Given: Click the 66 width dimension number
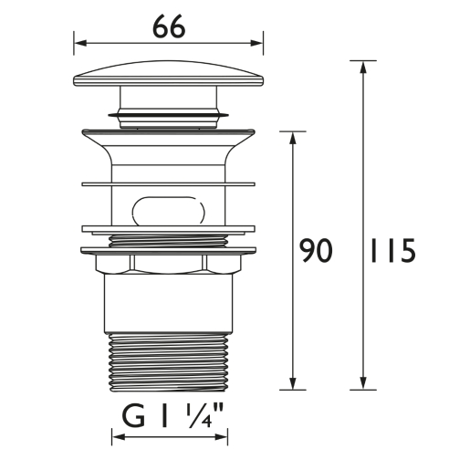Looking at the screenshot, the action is [x=169, y=26].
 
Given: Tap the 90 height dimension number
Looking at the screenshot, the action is [x=316, y=251].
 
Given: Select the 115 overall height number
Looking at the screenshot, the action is [x=392, y=251].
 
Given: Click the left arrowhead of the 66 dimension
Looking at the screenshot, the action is [x=80, y=43].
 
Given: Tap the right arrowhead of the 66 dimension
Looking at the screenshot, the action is [x=256, y=43].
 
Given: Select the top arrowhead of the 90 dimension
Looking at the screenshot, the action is [x=293, y=138].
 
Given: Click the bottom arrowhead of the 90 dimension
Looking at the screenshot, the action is [x=293, y=383].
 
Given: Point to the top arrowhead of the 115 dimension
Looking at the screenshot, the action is [x=362, y=68].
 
